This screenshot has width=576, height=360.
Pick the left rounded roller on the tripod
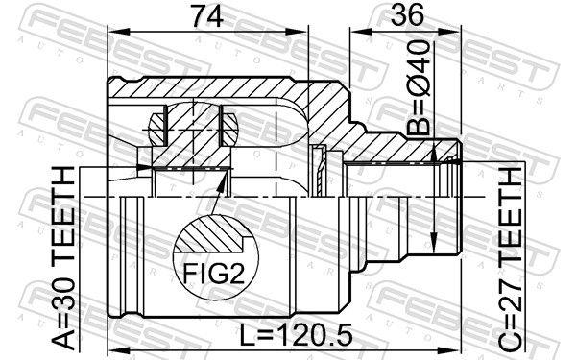point(157,122)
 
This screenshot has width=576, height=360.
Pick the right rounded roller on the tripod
point(229,122)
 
